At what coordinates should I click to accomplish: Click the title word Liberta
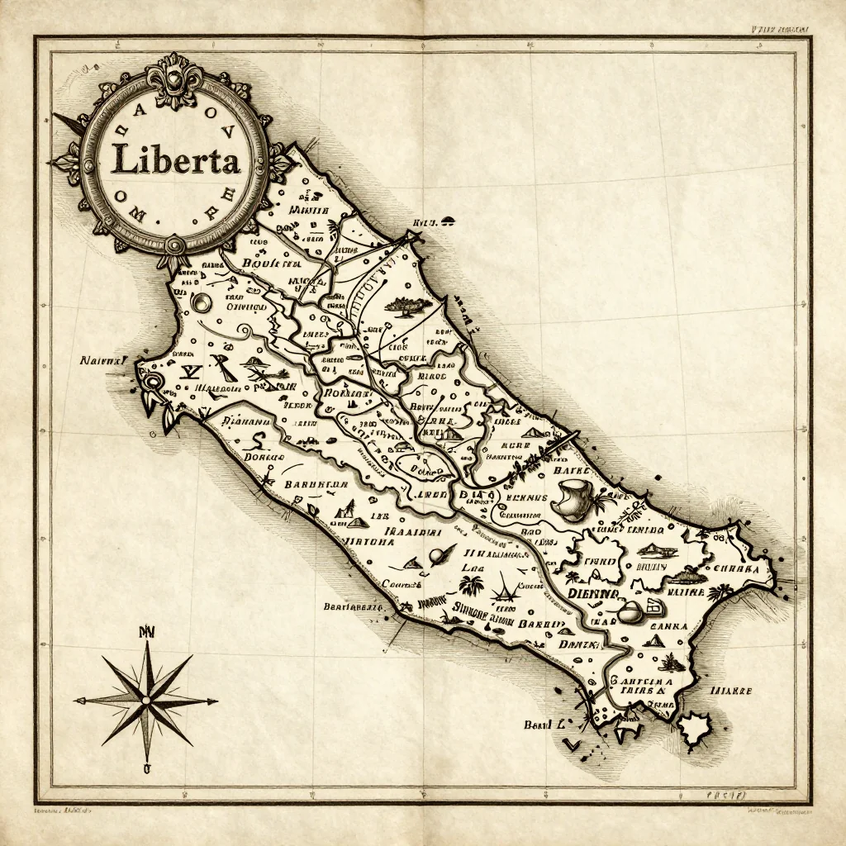[x=175, y=159]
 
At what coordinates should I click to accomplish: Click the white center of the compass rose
[x=147, y=701]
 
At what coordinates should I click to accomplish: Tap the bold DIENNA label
[x=592, y=594]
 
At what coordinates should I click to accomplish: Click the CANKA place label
[x=668, y=625]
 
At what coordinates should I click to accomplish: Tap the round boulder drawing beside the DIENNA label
[x=630, y=613]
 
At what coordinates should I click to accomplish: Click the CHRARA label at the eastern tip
[x=737, y=568]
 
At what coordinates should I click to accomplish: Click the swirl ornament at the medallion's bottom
[x=176, y=245]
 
